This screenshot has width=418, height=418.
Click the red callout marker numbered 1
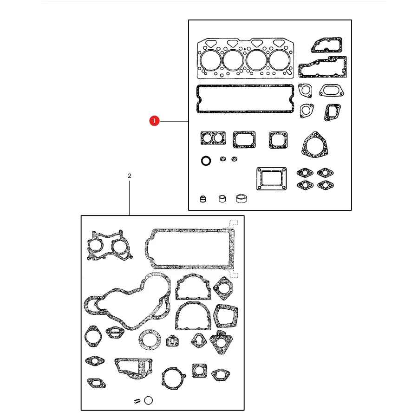154,121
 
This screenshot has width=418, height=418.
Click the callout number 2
130,176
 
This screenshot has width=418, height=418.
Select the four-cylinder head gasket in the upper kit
245,59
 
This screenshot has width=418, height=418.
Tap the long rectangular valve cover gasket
245,86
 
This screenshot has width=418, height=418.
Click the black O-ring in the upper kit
206,157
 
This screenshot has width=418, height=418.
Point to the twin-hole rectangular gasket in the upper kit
213,132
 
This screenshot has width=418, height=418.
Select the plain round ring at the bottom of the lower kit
149,397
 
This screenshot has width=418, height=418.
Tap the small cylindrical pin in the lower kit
137,401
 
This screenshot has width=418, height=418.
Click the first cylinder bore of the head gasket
210,50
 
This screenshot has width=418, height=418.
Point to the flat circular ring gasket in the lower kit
150,331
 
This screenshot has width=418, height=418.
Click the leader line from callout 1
174,121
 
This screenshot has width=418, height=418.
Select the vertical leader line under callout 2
129,198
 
